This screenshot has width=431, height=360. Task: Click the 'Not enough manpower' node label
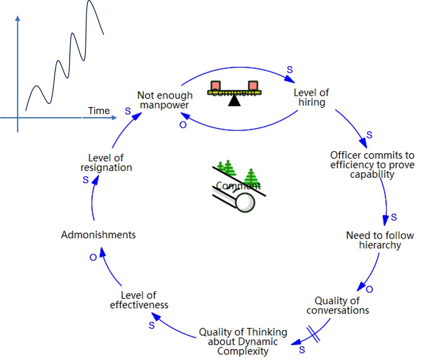click(x=165, y=100)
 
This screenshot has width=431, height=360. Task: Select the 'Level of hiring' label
click(x=311, y=98)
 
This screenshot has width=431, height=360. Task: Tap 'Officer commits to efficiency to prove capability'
click(x=372, y=165)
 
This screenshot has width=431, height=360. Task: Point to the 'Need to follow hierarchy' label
click(x=380, y=240)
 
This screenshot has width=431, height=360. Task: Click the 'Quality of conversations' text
click(x=338, y=306)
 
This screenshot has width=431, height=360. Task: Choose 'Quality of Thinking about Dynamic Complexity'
click(x=243, y=342)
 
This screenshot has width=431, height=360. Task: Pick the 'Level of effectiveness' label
click(x=139, y=300)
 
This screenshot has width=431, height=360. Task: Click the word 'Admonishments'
click(x=98, y=235)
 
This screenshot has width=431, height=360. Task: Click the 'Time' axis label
click(x=99, y=111)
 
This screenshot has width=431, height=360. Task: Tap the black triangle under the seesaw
click(x=235, y=101)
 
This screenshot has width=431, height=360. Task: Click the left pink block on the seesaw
click(x=215, y=85)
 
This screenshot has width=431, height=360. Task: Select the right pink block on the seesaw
click(x=253, y=85)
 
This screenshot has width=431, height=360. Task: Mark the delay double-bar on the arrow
click(x=314, y=334)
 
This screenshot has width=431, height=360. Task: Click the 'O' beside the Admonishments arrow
click(x=93, y=258)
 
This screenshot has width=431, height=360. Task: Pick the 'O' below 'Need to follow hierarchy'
click(x=369, y=289)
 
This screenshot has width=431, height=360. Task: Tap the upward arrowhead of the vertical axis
click(x=17, y=18)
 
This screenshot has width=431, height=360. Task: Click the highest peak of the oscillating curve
click(x=90, y=2)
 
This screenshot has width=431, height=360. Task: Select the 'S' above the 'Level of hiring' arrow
click(x=290, y=70)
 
